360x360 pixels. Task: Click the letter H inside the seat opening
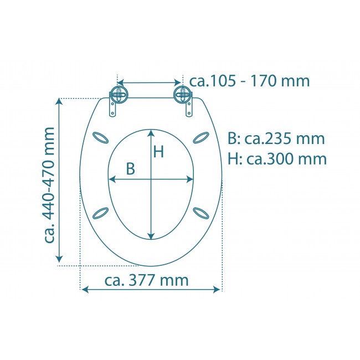point(159,152)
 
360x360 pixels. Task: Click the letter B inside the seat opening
point(130,169)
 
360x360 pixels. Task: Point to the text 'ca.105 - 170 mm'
point(249,81)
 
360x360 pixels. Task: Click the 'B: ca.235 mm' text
point(276,138)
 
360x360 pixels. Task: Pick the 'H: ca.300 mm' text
point(276,159)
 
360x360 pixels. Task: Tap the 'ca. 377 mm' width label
point(146,280)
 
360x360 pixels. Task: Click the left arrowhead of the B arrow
point(111,179)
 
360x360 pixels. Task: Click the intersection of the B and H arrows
point(151,179)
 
